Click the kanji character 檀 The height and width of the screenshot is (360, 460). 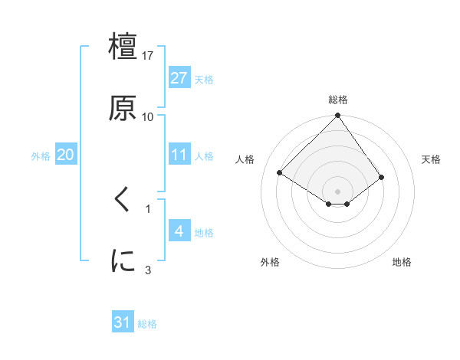pos(123,47)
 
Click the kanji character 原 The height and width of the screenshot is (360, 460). pos(123,107)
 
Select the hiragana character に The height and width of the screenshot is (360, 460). pos(123,261)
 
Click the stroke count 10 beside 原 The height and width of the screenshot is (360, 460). pos(148,116)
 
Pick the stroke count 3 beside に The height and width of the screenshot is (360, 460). pos(148,270)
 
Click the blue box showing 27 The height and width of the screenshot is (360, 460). pos(179,78)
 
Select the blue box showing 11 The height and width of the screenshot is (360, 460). pos(179,155)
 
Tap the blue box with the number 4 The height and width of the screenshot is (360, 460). pos(179,231)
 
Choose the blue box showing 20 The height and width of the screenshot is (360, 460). pos(65,155)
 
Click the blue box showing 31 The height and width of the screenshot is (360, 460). pos(123,323)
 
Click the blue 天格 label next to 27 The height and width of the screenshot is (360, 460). pos(204,79)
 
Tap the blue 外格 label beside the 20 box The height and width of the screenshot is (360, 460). pos(41,155)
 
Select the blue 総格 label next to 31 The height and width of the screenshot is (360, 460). pos(147,324)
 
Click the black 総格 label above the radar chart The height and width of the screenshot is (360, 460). pos(338,100)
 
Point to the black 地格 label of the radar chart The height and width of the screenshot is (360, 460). pos(402,262)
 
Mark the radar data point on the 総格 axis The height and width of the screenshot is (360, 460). pos(337,116)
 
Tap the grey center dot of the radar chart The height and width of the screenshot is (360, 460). pos(337,191)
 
